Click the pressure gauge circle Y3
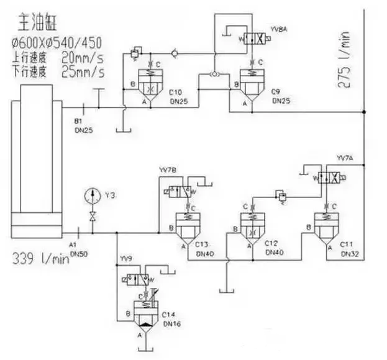tap(92, 196)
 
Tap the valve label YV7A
tap(345, 158)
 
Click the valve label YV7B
tap(168, 169)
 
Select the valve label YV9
tap(126, 258)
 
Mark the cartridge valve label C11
tap(347, 245)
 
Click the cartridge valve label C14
tap(170, 315)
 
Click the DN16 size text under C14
tap(170, 323)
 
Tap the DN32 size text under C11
tap(348, 254)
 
